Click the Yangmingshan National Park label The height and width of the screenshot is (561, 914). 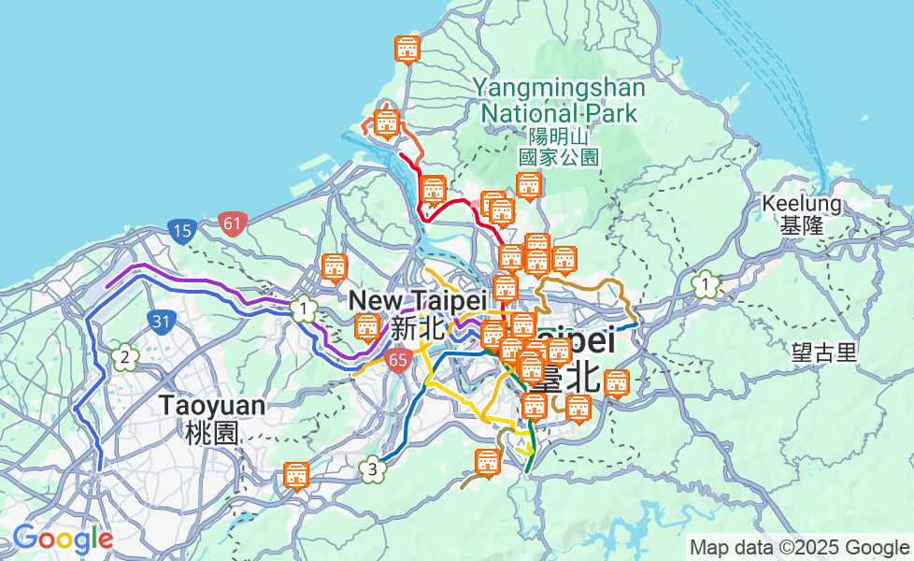point(558,101)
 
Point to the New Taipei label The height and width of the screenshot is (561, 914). point(418,301)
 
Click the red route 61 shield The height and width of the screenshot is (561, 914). point(233,223)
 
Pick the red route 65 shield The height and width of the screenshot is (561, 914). point(399,359)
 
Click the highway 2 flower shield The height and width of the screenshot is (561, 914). point(123,356)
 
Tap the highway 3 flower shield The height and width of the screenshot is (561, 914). point(373,469)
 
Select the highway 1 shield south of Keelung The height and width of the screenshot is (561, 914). point(707,283)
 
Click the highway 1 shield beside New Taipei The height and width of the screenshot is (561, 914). point(303,308)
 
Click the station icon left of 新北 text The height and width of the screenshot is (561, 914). point(367,327)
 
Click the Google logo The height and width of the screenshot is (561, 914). point(63,539)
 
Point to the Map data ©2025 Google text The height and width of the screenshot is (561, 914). point(800,547)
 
